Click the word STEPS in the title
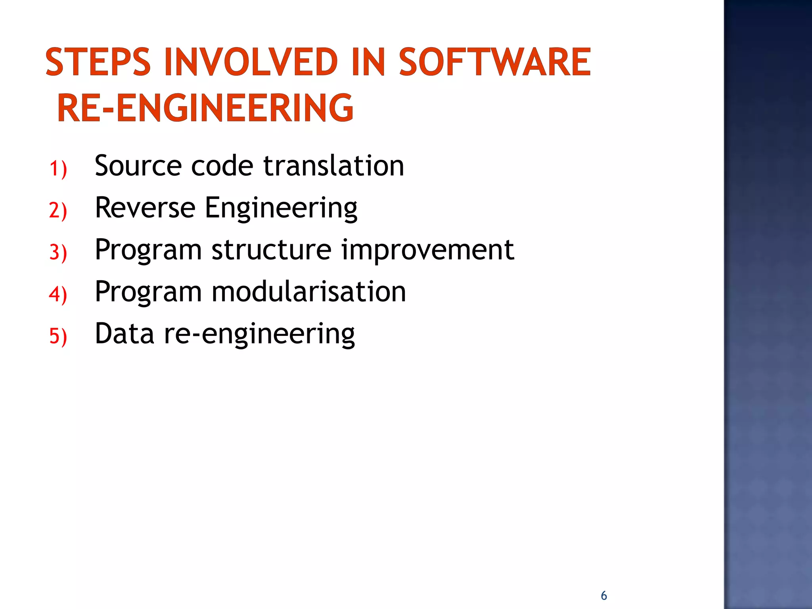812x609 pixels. [x=98, y=62]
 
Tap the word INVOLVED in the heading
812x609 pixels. [x=251, y=62]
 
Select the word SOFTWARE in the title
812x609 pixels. [x=495, y=62]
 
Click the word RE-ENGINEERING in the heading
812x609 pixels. [x=205, y=108]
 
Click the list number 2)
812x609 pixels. [x=58, y=210]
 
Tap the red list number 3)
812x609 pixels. [x=58, y=252]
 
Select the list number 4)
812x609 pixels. [x=58, y=294]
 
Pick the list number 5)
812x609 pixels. [x=58, y=336]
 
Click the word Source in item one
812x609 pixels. [x=137, y=166]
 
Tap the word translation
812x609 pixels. [x=333, y=166]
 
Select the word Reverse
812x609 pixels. [x=145, y=208]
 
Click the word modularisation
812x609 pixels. [x=308, y=292]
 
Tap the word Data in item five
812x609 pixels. [x=124, y=334]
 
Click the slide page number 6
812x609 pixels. [x=604, y=596]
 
